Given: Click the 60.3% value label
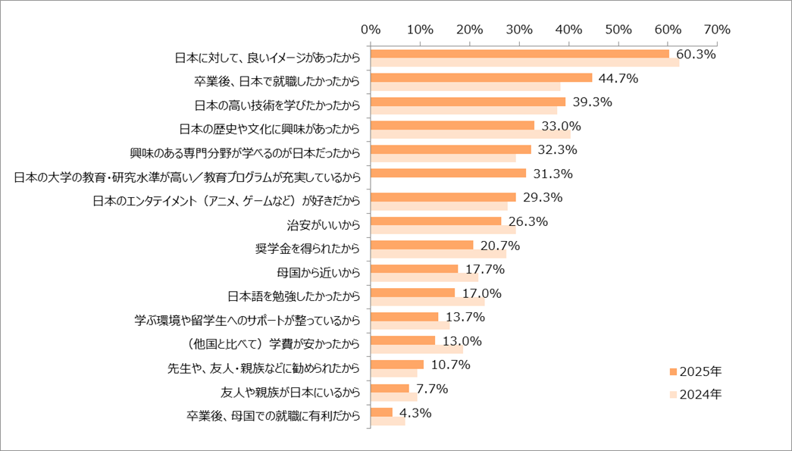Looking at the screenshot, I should [697, 55].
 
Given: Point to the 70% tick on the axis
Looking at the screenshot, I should [716, 30].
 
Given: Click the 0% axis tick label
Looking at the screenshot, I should [371, 30].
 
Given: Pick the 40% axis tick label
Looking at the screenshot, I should [568, 30].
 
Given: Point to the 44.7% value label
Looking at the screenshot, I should [618, 78].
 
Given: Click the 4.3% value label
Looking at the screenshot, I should [415, 413].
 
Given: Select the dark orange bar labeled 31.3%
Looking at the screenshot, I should [448, 173].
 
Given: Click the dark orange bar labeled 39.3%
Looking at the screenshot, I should [468, 102].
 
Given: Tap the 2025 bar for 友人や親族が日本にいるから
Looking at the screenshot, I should [390, 388].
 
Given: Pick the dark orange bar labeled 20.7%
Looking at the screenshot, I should [422, 245].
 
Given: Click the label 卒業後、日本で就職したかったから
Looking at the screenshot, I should [277, 81].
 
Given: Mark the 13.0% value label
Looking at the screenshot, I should [461, 341].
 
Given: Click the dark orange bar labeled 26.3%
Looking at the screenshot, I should [436, 221].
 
